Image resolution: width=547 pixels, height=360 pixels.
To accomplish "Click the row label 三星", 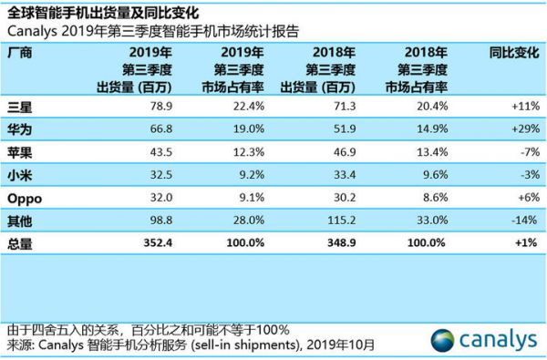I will click(x=18, y=106).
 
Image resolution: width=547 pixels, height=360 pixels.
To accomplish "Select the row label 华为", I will click(x=18, y=129).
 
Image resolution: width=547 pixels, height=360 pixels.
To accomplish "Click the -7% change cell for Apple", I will click(x=522, y=151).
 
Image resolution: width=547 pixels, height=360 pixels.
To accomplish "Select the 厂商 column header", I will click(x=18, y=53).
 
